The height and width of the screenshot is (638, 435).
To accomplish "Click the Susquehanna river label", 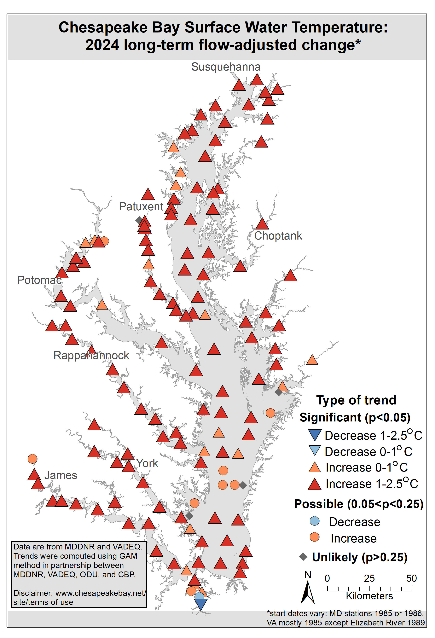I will pyautogui.click(x=226, y=67).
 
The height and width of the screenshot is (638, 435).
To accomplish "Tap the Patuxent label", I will pyautogui.click(x=141, y=206).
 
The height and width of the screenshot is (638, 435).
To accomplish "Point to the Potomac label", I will pyautogui.click(x=39, y=280).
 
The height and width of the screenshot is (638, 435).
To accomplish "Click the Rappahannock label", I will pyautogui.click(x=91, y=356).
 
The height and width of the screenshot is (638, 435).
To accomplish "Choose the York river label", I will pyautogui.click(x=147, y=463).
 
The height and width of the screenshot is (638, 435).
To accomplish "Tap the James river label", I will pyautogui.click(x=61, y=475).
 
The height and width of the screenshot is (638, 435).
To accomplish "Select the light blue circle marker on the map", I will pyautogui.click(x=199, y=596).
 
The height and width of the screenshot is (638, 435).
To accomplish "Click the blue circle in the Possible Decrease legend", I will pyautogui.click(x=315, y=521).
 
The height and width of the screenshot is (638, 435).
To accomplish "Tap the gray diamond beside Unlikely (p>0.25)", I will pyautogui.click(x=303, y=557).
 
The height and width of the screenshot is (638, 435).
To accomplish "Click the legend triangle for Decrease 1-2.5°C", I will pyautogui.click(x=315, y=435).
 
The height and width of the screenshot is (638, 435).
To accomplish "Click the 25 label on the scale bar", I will pyautogui.click(x=369, y=578).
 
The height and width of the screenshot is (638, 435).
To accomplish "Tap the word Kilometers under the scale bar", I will pyautogui.click(x=369, y=596).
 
